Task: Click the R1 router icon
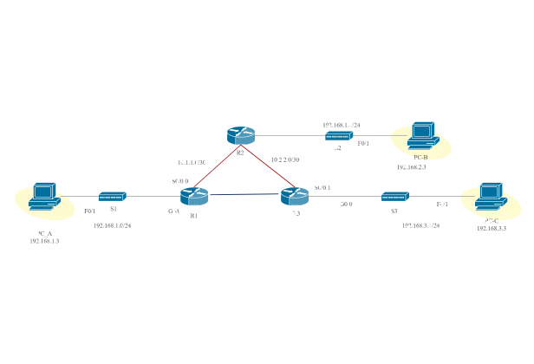pyautogui.click(x=195, y=196)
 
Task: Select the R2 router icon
pyautogui.click(x=240, y=135)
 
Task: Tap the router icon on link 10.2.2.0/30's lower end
pyautogui.click(x=294, y=196)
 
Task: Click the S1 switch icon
pyautogui.click(x=113, y=197)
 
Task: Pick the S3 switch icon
pyautogui.click(x=394, y=197)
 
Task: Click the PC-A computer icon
pyautogui.click(x=41, y=198)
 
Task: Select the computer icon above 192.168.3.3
pyautogui.click(x=491, y=197)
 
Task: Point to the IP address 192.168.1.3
pyautogui.click(x=44, y=242)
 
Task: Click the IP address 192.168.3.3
pyautogui.click(x=491, y=228)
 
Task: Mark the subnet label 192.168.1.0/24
pyautogui.click(x=112, y=225)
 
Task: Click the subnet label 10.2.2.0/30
pyautogui.click(x=285, y=159)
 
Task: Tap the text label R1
pyautogui.click(x=194, y=216)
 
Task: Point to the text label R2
pyautogui.click(x=240, y=152)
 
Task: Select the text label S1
pyautogui.click(x=113, y=210)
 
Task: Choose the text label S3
pyautogui.click(x=394, y=211)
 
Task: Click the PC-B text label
pyautogui.click(x=420, y=157)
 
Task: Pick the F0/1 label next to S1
pyautogui.click(x=89, y=211)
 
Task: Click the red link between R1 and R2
pyautogui.click(x=218, y=166)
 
